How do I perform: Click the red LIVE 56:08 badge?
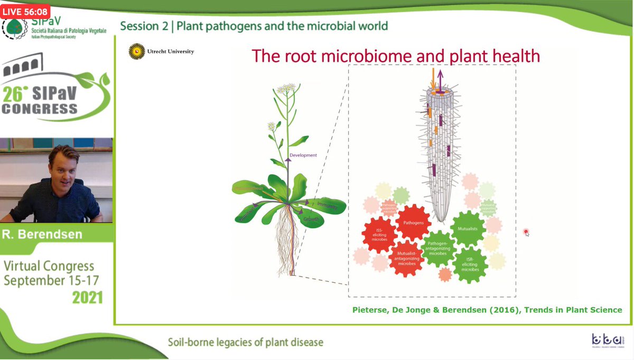tap(25, 10)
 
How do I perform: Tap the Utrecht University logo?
tap(161, 52)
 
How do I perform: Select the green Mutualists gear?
tap(467, 228)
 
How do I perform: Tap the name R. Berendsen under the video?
tap(43, 234)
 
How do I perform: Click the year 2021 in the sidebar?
tap(87, 298)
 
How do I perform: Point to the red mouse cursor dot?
tap(526, 232)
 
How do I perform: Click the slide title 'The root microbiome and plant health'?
tap(395, 56)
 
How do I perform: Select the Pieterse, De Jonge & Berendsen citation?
tap(487, 310)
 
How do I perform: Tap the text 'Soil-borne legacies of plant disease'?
tap(245, 342)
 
